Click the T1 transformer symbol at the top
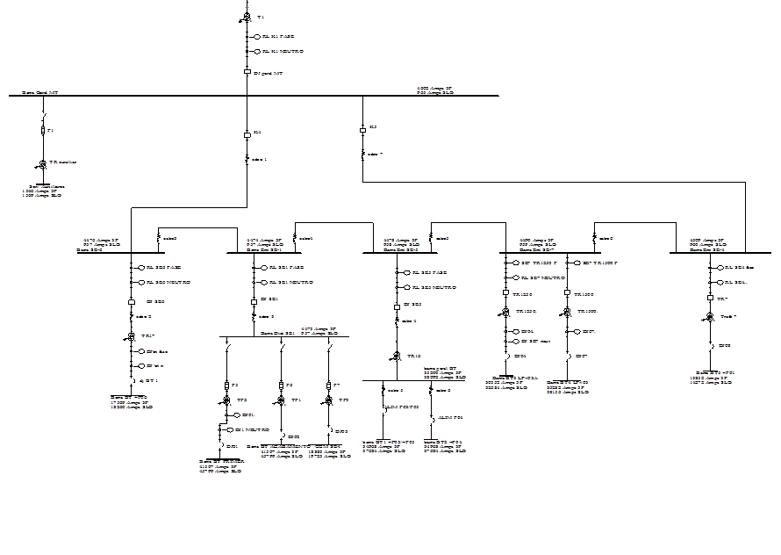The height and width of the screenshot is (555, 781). (x=247, y=18)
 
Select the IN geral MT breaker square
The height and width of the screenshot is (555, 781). (x=247, y=73)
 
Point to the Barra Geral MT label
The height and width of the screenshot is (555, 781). (x=40, y=91)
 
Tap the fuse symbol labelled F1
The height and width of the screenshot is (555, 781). (x=42, y=131)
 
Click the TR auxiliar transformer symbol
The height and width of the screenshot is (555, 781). (x=42, y=164)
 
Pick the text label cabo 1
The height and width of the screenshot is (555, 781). (x=258, y=159)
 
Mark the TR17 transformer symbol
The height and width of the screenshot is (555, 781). (x=131, y=336)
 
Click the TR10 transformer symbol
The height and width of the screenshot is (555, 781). (x=396, y=357)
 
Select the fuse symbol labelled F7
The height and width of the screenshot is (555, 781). (x=328, y=386)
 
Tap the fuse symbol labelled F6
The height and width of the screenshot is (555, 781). (x=281, y=386)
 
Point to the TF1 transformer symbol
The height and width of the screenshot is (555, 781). (x=281, y=400)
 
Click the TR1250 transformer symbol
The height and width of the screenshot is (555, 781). (x=505, y=312)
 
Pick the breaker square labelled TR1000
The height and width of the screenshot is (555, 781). (x=567, y=293)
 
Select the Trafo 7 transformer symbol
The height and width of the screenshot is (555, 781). (x=711, y=314)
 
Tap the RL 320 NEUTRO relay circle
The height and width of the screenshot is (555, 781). (x=139, y=283)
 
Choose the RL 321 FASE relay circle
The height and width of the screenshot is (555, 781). (x=262, y=267)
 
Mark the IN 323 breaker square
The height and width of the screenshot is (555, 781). (x=396, y=305)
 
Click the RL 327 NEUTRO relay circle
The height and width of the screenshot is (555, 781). (x=515, y=277)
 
